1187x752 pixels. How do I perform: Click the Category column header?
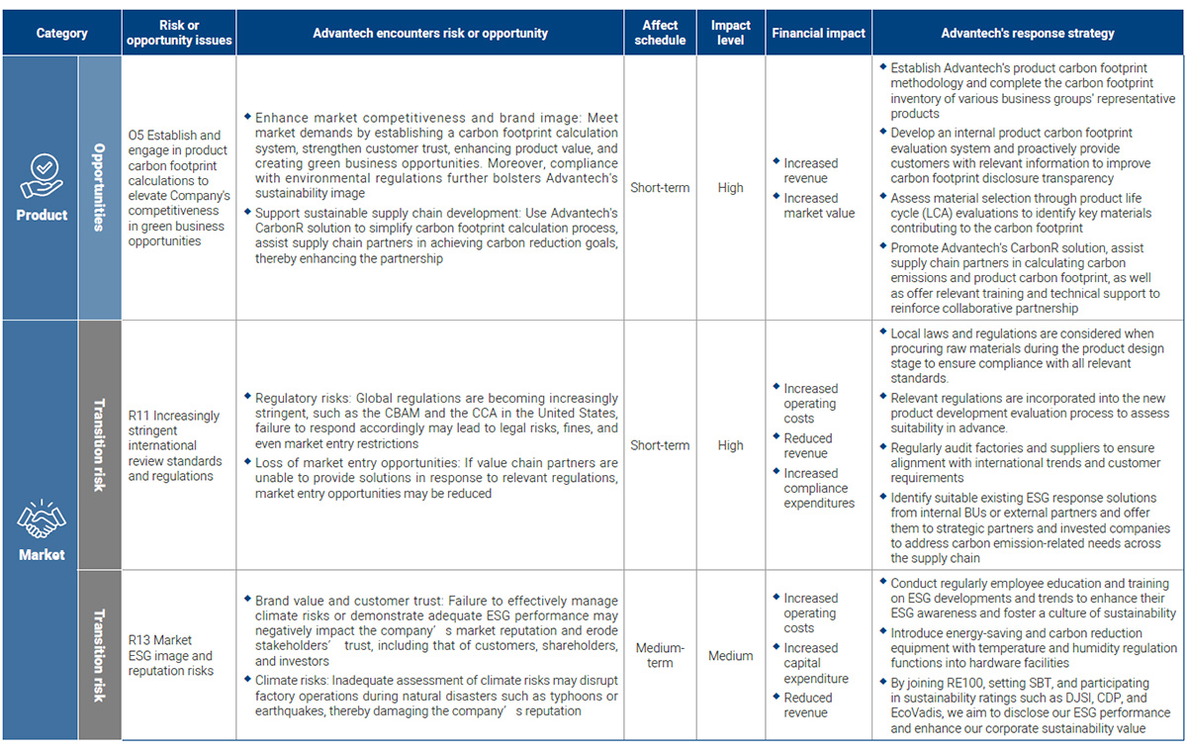(x=61, y=33)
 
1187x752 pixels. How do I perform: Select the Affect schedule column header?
(x=660, y=33)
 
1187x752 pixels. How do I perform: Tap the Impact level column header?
(x=730, y=33)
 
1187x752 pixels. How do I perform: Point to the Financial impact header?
(x=818, y=33)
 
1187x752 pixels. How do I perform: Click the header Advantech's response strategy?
(x=1028, y=33)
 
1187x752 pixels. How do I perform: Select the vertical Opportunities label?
(x=99, y=187)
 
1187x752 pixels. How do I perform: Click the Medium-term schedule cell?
(x=660, y=655)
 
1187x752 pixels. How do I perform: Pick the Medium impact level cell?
(x=730, y=655)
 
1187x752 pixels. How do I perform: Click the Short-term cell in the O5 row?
(x=660, y=188)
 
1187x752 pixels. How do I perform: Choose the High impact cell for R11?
(x=730, y=445)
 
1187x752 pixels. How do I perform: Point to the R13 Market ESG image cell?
(x=170, y=655)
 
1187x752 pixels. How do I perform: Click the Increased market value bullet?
(x=818, y=206)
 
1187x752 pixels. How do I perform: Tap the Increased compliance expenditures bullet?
(x=818, y=488)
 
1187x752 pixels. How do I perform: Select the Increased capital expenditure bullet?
(x=816, y=663)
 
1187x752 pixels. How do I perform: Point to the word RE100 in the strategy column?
(x=970, y=683)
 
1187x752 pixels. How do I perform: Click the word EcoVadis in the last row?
(x=916, y=713)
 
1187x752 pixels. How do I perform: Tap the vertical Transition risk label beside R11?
(x=99, y=445)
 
